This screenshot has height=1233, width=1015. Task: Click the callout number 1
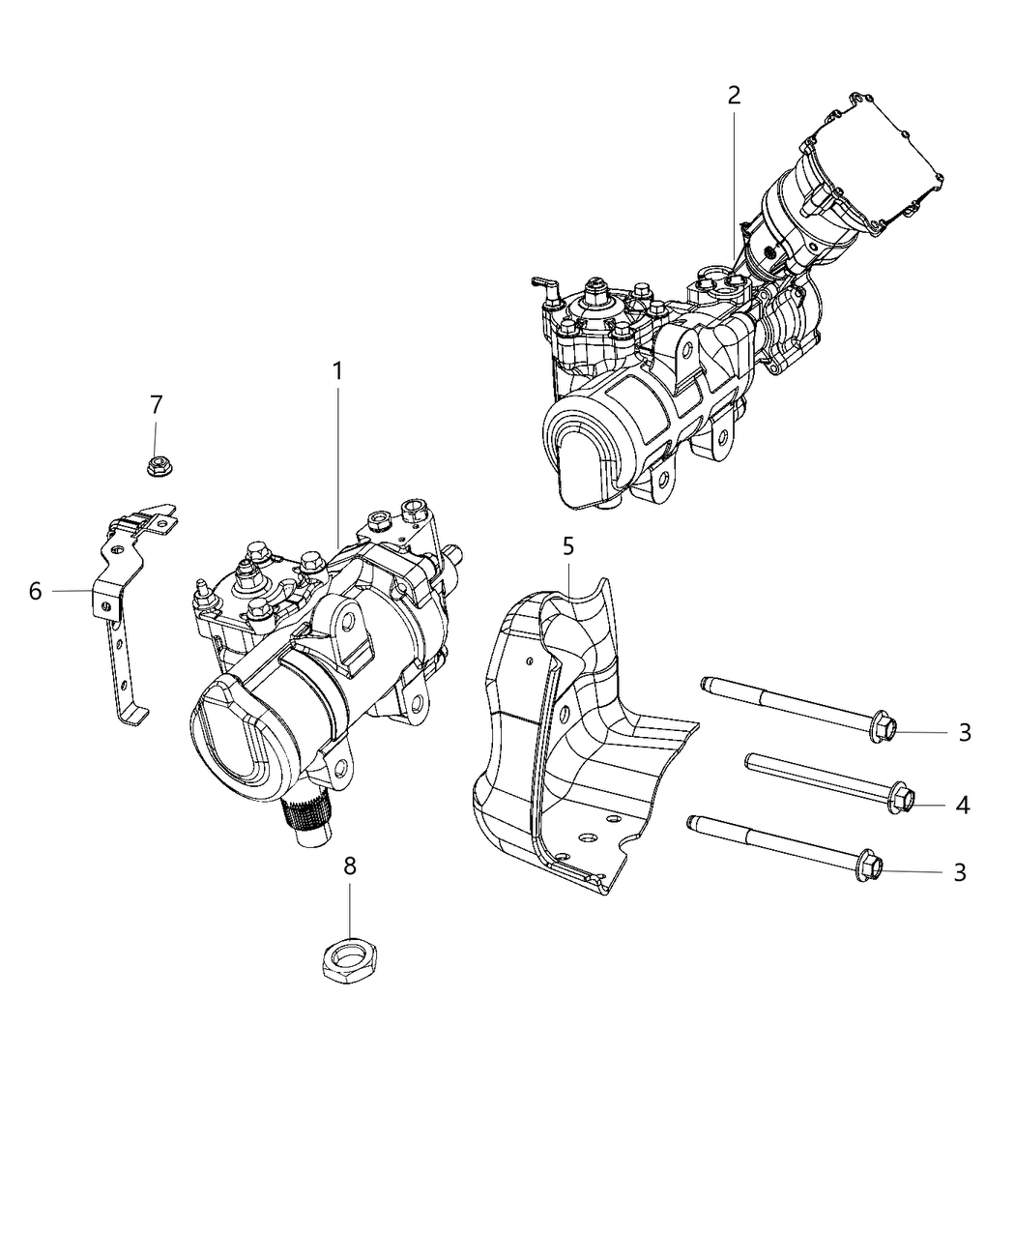(337, 371)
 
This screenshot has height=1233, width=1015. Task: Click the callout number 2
(734, 95)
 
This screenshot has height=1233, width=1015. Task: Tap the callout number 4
(962, 804)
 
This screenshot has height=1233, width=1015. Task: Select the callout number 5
(567, 546)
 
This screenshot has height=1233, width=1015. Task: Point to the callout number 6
(35, 591)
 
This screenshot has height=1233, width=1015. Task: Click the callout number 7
(156, 405)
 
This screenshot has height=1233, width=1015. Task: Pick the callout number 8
(350, 866)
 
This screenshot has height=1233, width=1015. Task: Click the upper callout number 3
(964, 732)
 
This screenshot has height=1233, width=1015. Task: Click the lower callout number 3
(960, 872)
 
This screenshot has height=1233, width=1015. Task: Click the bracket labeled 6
(121, 619)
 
